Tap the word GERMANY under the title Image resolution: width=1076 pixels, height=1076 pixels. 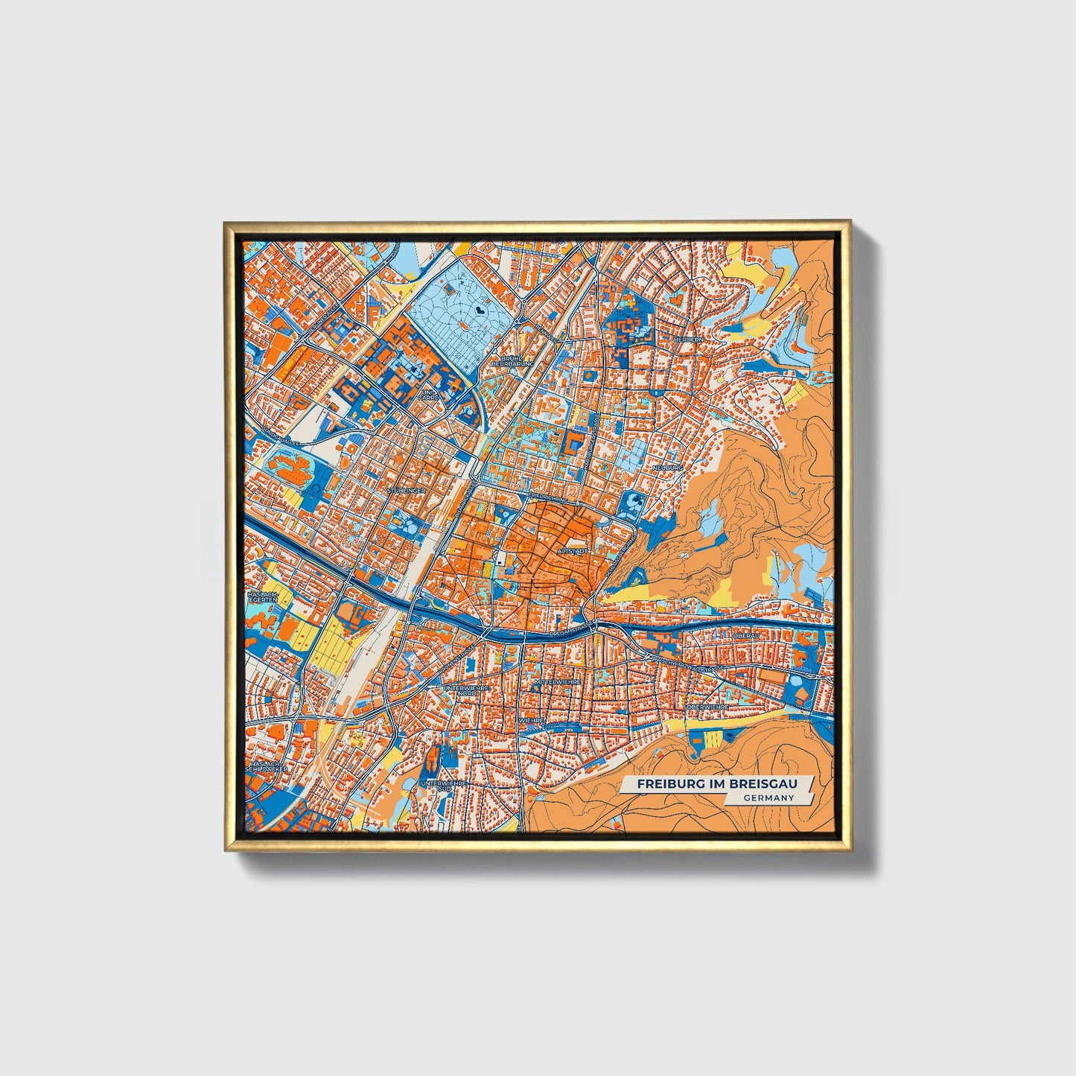pos(768,798)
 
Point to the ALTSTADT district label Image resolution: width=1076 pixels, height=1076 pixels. pos(573,551)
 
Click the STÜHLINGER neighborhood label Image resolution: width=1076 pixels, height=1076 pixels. pos(407,491)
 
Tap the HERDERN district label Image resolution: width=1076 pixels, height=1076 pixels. pos(687,339)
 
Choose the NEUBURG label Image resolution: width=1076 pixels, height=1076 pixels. pos(667,467)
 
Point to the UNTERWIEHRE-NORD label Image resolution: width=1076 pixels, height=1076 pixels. pos(459,691)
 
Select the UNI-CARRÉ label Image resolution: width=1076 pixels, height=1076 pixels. pos(429,395)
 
